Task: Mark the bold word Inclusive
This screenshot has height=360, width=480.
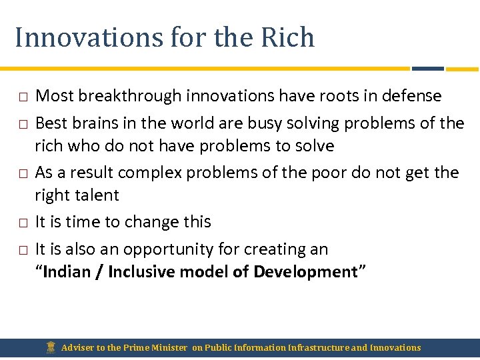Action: click(x=139, y=272)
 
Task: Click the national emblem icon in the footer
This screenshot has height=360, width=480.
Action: click(x=51, y=347)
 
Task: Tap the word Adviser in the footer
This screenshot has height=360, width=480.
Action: click(x=77, y=347)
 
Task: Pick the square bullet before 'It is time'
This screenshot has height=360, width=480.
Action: click(x=22, y=223)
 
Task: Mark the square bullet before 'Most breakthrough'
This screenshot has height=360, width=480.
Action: click(x=22, y=97)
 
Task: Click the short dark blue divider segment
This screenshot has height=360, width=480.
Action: click(x=427, y=68)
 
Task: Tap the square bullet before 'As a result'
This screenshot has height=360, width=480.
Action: click(x=22, y=173)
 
